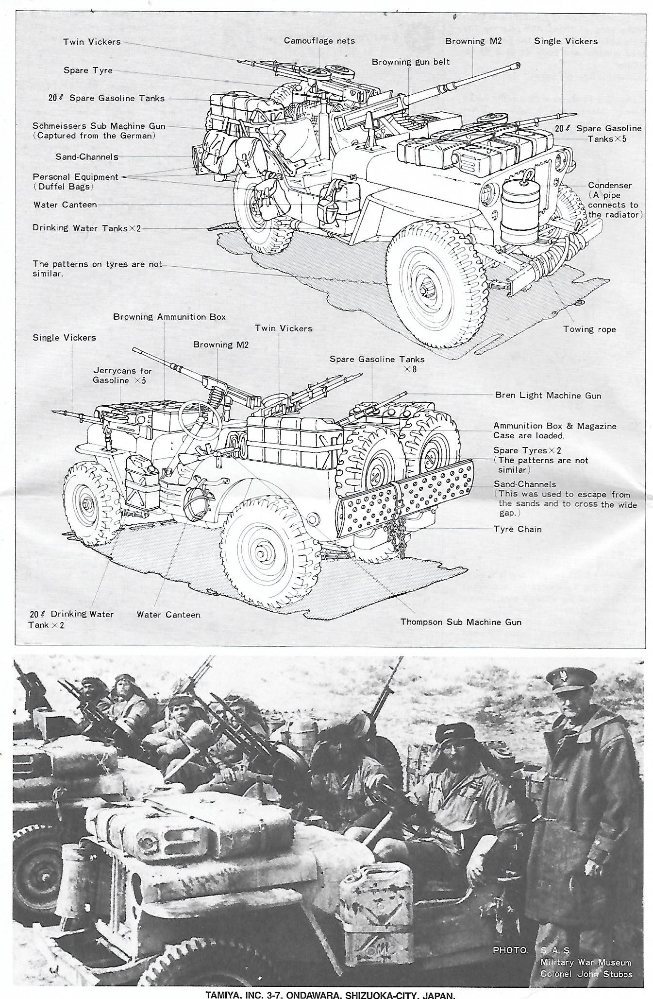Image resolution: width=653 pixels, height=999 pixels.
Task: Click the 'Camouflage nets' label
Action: [319, 41]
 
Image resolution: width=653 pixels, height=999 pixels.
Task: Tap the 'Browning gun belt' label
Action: [411, 62]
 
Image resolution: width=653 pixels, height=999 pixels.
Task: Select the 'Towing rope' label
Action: [589, 329]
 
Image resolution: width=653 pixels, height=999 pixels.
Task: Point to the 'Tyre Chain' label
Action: [517, 529]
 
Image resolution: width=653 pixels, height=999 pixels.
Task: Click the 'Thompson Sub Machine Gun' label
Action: [461, 621]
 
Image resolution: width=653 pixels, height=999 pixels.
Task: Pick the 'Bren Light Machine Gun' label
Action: [548, 396]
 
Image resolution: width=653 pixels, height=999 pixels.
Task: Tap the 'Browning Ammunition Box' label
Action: [169, 317]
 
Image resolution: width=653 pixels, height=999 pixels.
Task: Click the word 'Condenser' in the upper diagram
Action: [610, 185]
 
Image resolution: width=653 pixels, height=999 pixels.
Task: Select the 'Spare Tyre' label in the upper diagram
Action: [88, 70]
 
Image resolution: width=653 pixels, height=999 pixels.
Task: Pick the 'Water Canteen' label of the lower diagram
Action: [168, 614]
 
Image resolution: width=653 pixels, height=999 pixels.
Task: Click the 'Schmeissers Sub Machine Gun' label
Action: [99, 126]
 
